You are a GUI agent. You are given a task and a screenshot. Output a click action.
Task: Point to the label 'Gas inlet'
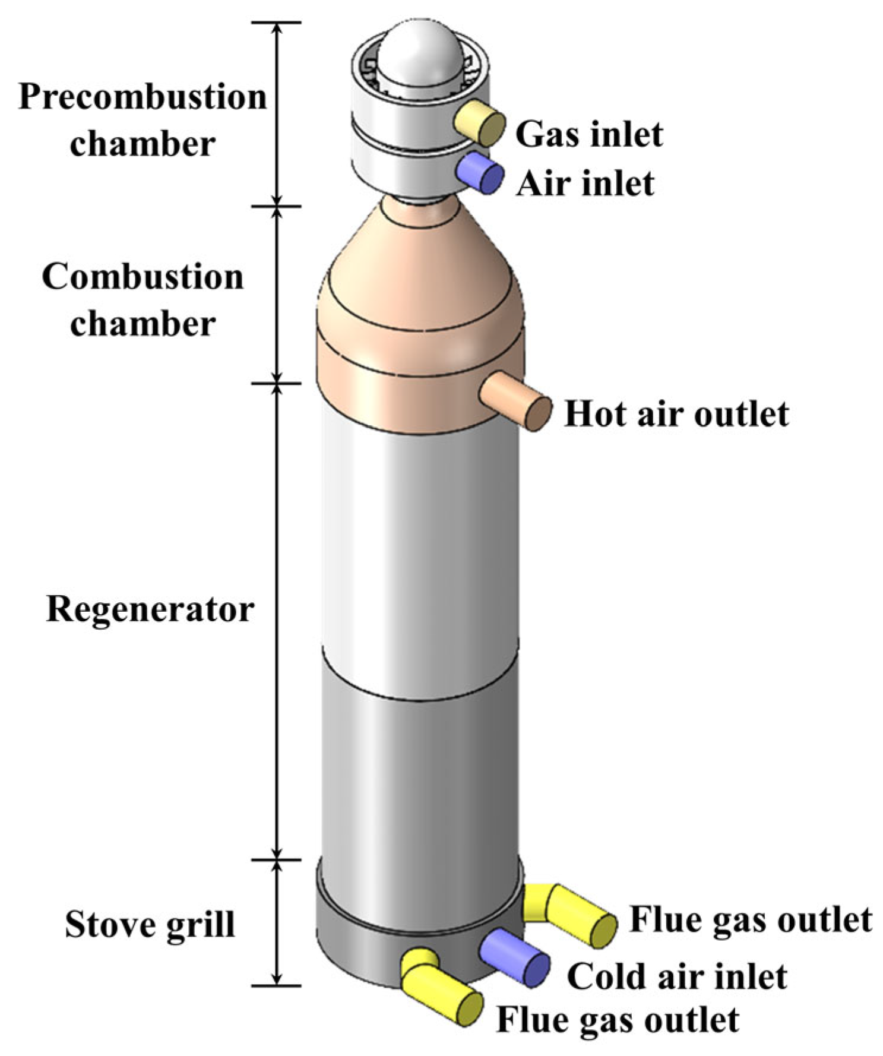tap(588, 135)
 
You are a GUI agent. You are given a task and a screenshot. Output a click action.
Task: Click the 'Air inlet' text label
tap(585, 183)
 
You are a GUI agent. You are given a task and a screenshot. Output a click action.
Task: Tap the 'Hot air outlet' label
tap(676, 414)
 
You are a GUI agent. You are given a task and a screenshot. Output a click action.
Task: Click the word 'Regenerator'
tap(150, 609)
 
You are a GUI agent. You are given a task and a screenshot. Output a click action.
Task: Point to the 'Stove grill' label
tap(150, 925)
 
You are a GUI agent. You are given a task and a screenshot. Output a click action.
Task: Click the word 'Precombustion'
tap(143, 97)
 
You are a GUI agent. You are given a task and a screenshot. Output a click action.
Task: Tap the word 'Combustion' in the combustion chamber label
tap(143, 277)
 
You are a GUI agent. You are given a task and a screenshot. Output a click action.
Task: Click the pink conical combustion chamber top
tap(420, 261)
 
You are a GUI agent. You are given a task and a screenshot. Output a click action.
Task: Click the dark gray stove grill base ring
tap(356, 950)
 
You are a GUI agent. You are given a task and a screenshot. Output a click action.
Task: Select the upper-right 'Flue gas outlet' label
tap(750, 920)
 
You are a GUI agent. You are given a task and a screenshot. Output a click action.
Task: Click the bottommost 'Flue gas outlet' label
tap(618, 1020)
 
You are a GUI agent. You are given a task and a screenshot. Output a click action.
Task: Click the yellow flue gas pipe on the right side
tap(579, 915)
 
